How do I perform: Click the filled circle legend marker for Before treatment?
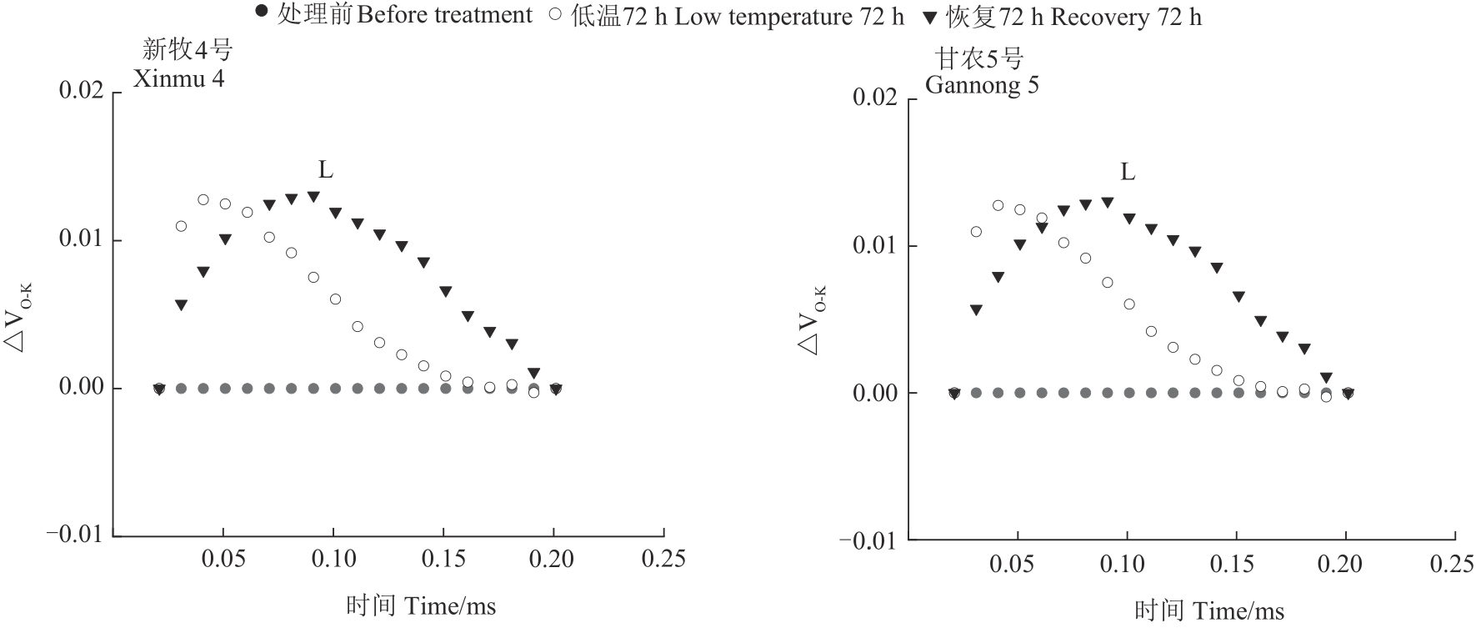coord(263,13)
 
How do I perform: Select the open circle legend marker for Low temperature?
coord(555,14)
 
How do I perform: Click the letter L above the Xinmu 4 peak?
coord(325,171)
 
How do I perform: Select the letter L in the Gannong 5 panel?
coord(1127,173)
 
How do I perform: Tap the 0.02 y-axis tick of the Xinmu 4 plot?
coord(80,91)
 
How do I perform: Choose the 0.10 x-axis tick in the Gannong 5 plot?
coord(1122,565)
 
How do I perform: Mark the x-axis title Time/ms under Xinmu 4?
coord(421,606)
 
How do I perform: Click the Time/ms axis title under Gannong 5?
coord(1209,611)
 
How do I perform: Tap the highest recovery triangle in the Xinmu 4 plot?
coord(313,197)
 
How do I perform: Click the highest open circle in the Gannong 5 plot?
coord(998,205)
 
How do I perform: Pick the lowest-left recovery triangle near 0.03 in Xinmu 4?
coord(181,305)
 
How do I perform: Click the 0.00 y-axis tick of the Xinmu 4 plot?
coord(80,388)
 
